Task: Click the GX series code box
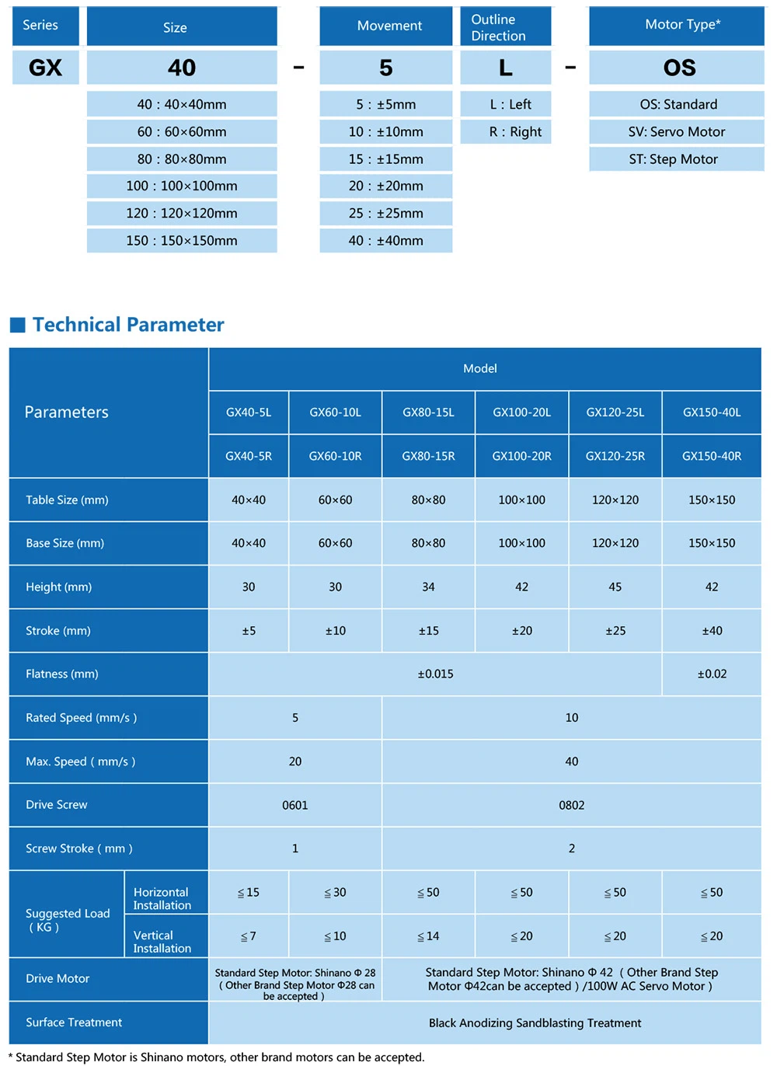pos(45,68)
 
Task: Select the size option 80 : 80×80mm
pos(182,159)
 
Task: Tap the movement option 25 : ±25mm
pos(385,213)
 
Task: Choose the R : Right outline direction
pos(506,131)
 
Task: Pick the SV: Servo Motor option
pos(676,131)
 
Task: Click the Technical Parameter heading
pos(128,325)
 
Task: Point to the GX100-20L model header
pos(521,412)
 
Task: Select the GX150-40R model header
pos(711,456)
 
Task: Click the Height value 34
pos(428,587)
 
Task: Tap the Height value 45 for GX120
pos(615,587)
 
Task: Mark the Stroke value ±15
pos(428,630)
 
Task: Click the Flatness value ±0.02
pos(712,674)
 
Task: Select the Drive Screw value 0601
pos(294,805)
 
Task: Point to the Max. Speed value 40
pos(571,761)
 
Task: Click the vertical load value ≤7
pos(248,936)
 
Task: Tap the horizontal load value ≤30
pos(335,892)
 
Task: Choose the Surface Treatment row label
pos(74,1022)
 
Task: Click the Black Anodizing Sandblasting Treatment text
pos(535,1022)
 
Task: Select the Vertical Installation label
pos(162,942)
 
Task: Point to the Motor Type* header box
pos(676,26)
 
